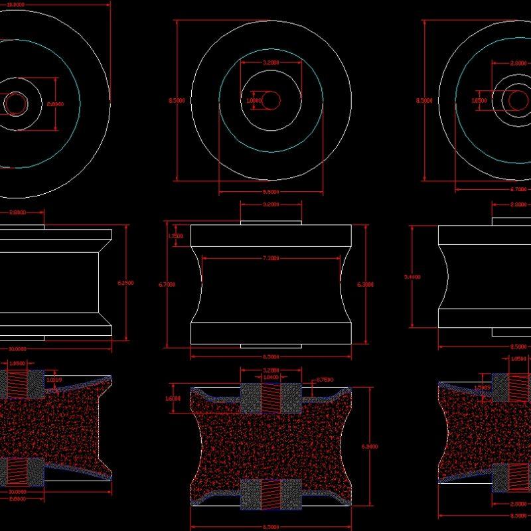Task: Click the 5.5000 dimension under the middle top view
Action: point(271,191)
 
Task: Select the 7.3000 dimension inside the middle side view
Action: point(271,258)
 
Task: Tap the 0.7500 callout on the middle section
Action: point(325,380)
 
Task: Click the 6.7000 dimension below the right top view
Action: point(518,189)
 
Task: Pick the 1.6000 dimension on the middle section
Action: point(173,398)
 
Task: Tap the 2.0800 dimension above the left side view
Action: point(18,212)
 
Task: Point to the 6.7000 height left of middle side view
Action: point(167,284)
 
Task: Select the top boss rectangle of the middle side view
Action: point(271,221)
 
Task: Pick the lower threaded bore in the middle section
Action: point(271,494)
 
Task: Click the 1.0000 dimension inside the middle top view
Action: point(253,101)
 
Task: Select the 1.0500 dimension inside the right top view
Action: point(479,101)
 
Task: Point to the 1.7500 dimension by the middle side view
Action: point(176,236)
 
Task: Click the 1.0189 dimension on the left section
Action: point(55,380)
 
